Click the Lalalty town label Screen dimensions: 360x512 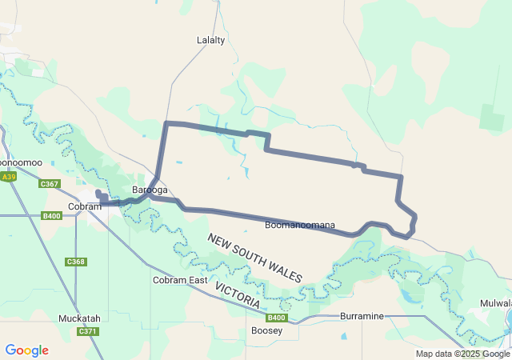211,39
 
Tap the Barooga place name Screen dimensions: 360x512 150,190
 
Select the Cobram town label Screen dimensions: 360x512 84,206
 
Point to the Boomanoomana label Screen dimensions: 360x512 299,226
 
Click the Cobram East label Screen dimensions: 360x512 180,280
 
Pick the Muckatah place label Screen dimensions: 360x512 79,318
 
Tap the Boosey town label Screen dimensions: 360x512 266,330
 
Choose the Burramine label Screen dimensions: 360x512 362,316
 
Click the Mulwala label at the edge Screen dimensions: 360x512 496,304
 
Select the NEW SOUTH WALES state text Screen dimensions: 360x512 255,258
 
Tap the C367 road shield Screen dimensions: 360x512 50,184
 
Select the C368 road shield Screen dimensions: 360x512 76,262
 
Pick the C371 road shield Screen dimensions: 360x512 87,331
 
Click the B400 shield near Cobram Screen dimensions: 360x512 52,216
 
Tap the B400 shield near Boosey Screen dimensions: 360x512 275,318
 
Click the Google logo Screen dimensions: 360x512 26,350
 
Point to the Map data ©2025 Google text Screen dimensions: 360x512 462,354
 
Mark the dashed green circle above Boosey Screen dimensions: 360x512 286,305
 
